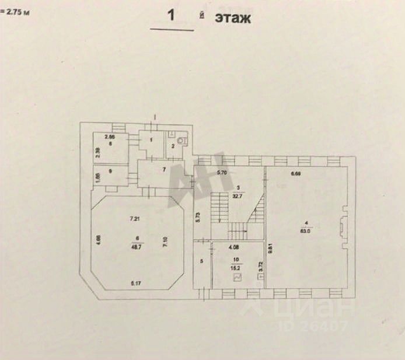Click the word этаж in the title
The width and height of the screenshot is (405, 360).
pos(233,18)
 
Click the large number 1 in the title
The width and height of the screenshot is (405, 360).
pos(172,16)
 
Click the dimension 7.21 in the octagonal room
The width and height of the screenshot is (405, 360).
pos(135,219)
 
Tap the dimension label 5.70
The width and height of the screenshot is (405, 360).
pos(221,173)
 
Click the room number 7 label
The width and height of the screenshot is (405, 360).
pos(164,169)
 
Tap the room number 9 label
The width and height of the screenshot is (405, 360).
pos(109,171)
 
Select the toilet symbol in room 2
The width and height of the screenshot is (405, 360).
pos(182,140)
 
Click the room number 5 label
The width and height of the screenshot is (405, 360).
pos(202,261)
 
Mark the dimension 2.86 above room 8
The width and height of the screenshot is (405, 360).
pos(109,137)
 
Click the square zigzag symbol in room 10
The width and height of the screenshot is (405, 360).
pos(238,278)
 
